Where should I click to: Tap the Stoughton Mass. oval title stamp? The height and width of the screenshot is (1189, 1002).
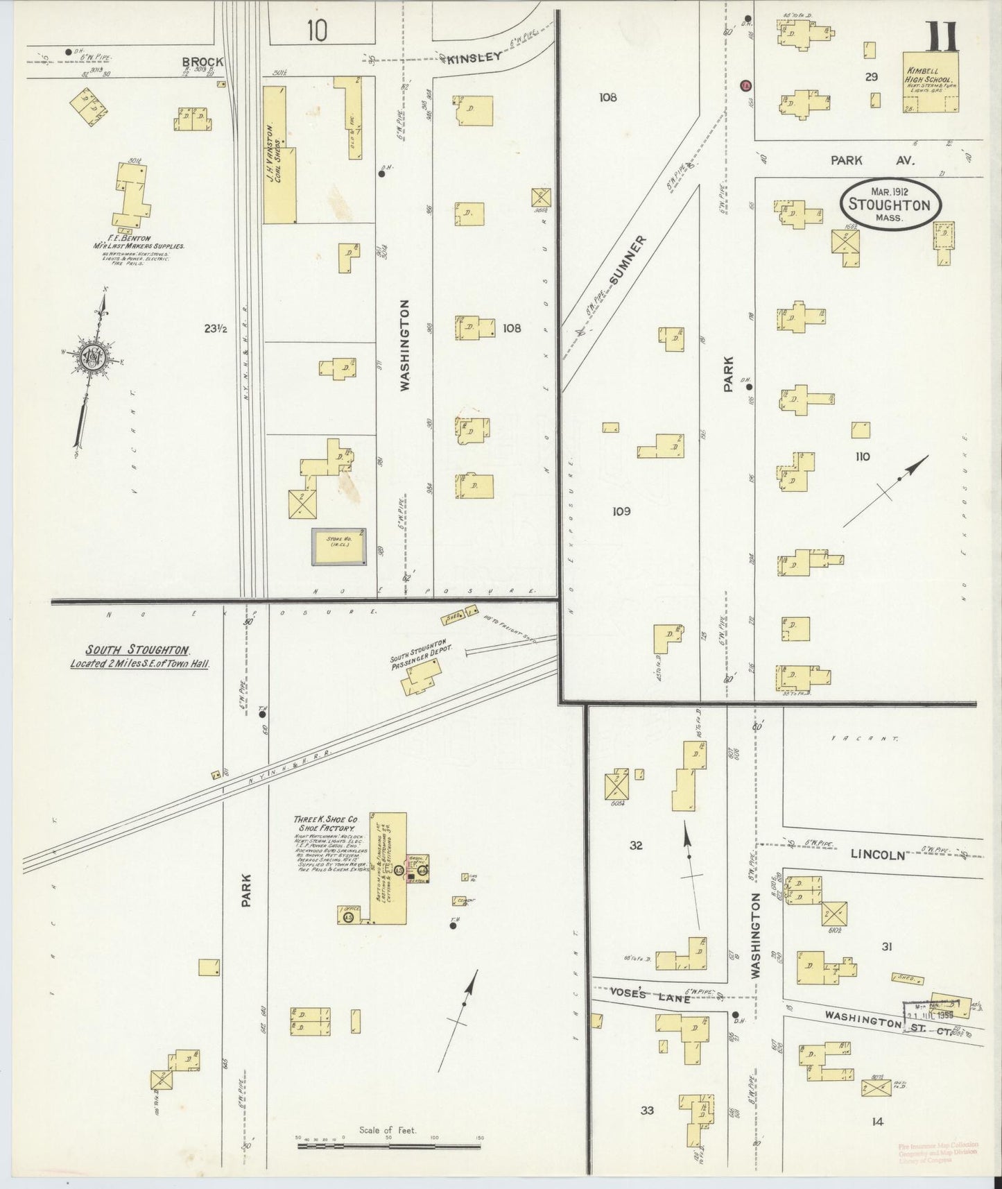(890, 205)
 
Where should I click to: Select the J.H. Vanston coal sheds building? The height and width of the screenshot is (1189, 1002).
(279, 154)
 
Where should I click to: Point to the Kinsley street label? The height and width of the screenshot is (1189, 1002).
(474, 58)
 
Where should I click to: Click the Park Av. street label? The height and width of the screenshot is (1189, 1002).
(874, 160)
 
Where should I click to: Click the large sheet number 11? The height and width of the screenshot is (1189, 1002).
(940, 35)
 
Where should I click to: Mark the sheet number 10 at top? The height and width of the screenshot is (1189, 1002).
(316, 30)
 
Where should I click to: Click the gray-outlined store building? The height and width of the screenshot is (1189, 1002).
(338, 547)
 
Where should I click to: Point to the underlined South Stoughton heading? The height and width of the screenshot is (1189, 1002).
(137, 650)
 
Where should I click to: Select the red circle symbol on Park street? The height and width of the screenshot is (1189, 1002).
(745, 85)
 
